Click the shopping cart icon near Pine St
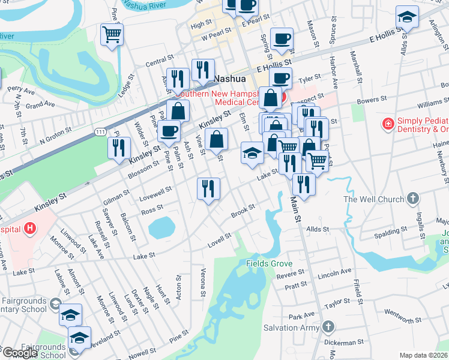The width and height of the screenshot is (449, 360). tap(112, 35)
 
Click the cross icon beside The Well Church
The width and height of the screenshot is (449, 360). tap(412, 199)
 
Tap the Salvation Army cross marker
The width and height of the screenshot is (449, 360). tap(327, 327)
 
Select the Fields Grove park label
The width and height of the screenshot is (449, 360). tap(269, 263)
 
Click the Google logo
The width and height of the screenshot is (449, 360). tap(19, 353)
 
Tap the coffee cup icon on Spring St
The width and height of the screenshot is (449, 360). tap(281, 40)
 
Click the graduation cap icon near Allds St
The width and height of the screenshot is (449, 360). tap(406, 17)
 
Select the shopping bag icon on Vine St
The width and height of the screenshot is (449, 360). tap(216, 140)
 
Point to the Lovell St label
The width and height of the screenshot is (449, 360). tap(219, 238)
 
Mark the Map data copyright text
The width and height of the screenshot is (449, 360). tap(423, 355)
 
